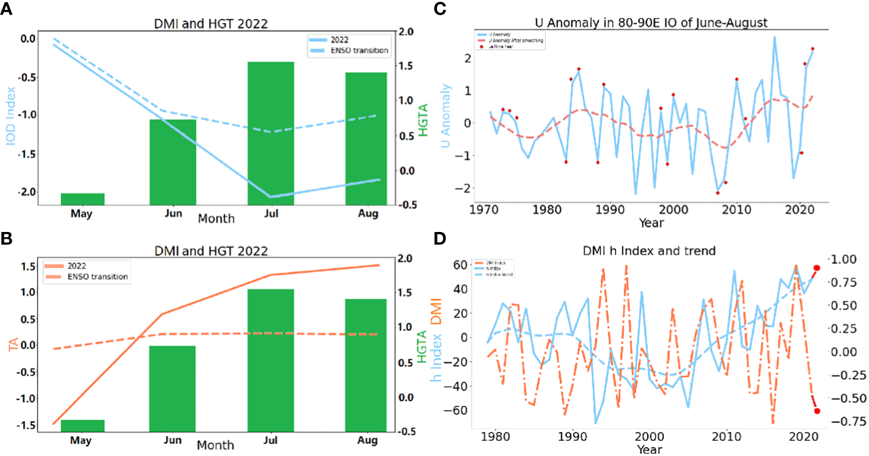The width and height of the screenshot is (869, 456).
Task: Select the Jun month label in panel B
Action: (173, 440)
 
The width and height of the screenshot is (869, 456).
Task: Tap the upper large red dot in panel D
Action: (816, 267)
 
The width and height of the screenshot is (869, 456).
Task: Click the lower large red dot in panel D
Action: (817, 411)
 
